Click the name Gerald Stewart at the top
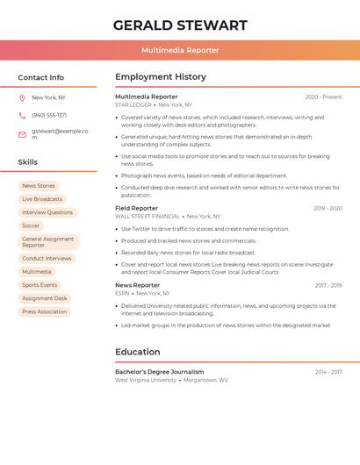coord(180,25)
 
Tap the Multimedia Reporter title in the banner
coord(180,50)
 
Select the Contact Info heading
coord(41,77)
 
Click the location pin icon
coord(22,98)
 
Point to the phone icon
coord(22,116)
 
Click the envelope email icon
coord(22,134)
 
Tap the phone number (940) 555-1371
coord(49,116)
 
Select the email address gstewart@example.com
coord(60,133)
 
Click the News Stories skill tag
coord(39,186)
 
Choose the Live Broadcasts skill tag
coord(42,199)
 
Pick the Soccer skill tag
coord(31,225)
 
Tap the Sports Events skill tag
coord(40,285)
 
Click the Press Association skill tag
coord(45,311)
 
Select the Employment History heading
coord(161,77)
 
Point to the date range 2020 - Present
coord(323,97)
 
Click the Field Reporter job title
coord(137,209)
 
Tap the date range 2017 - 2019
coord(328,285)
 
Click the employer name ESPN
coord(122,293)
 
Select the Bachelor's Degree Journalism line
coord(160,372)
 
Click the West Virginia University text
coord(146,381)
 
